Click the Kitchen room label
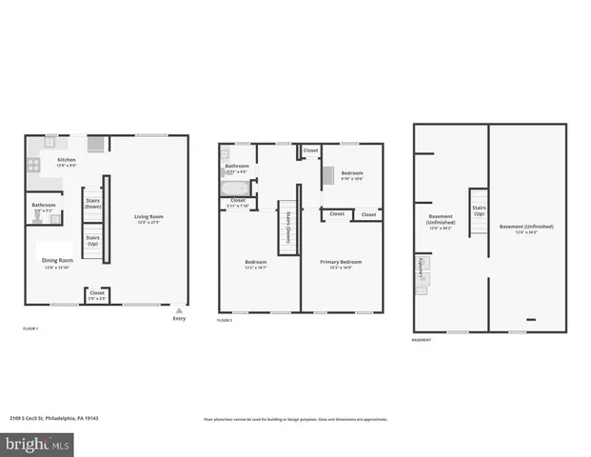(x=67, y=160)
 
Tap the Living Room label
(x=149, y=217)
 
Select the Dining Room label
(x=56, y=260)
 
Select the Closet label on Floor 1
(x=97, y=293)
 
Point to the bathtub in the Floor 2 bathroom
(x=234, y=188)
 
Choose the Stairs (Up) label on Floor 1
(x=92, y=241)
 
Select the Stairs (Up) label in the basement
(x=478, y=210)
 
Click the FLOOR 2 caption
(x=225, y=321)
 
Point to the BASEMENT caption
(x=423, y=339)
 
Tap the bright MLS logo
(x=38, y=443)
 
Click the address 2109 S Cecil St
(x=43, y=418)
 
